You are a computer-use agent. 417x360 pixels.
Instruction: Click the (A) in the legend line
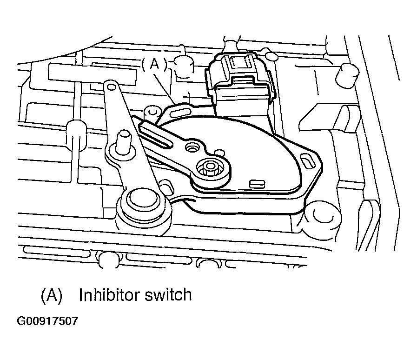51,295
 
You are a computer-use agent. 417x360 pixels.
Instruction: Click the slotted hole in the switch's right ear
307,163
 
